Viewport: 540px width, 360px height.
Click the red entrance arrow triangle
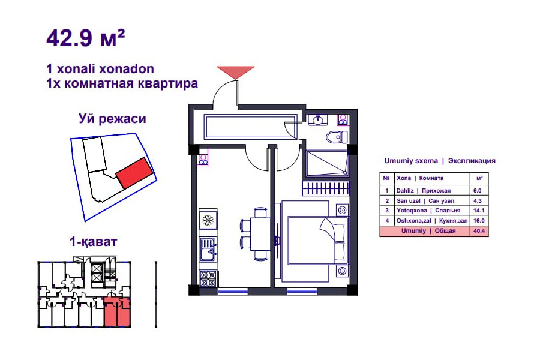pyautogui.click(x=235, y=72)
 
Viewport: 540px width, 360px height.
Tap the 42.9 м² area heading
pyautogui.click(x=85, y=38)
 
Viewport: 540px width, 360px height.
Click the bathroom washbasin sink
pyautogui.click(x=317, y=120)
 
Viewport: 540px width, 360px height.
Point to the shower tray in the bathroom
pyautogui.click(x=326, y=163)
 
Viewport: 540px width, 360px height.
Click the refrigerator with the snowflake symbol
pyautogui.click(x=208, y=219)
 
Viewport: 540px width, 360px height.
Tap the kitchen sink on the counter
pyautogui.click(x=208, y=250)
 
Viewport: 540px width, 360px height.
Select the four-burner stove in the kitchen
pyautogui.click(x=208, y=278)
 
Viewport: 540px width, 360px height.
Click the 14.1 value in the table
pyautogui.click(x=479, y=211)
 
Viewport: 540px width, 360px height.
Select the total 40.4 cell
pyautogui.click(x=479, y=231)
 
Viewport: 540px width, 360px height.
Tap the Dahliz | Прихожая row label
pyautogui.click(x=423, y=191)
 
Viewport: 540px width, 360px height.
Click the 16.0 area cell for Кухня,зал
pyautogui.click(x=479, y=221)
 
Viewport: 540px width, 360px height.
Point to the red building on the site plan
pyautogui.click(x=134, y=173)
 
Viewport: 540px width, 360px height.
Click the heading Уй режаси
pyautogui.click(x=112, y=119)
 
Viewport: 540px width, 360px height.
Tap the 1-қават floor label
pyautogui.click(x=94, y=241)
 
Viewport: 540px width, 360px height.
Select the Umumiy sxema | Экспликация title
pyautogui.click(x=440, y=161)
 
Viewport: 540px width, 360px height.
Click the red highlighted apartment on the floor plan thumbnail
pyautogui.click(x=118, y=312)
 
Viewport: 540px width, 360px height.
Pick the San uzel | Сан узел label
pyautogui.click(x=425, y=200)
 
